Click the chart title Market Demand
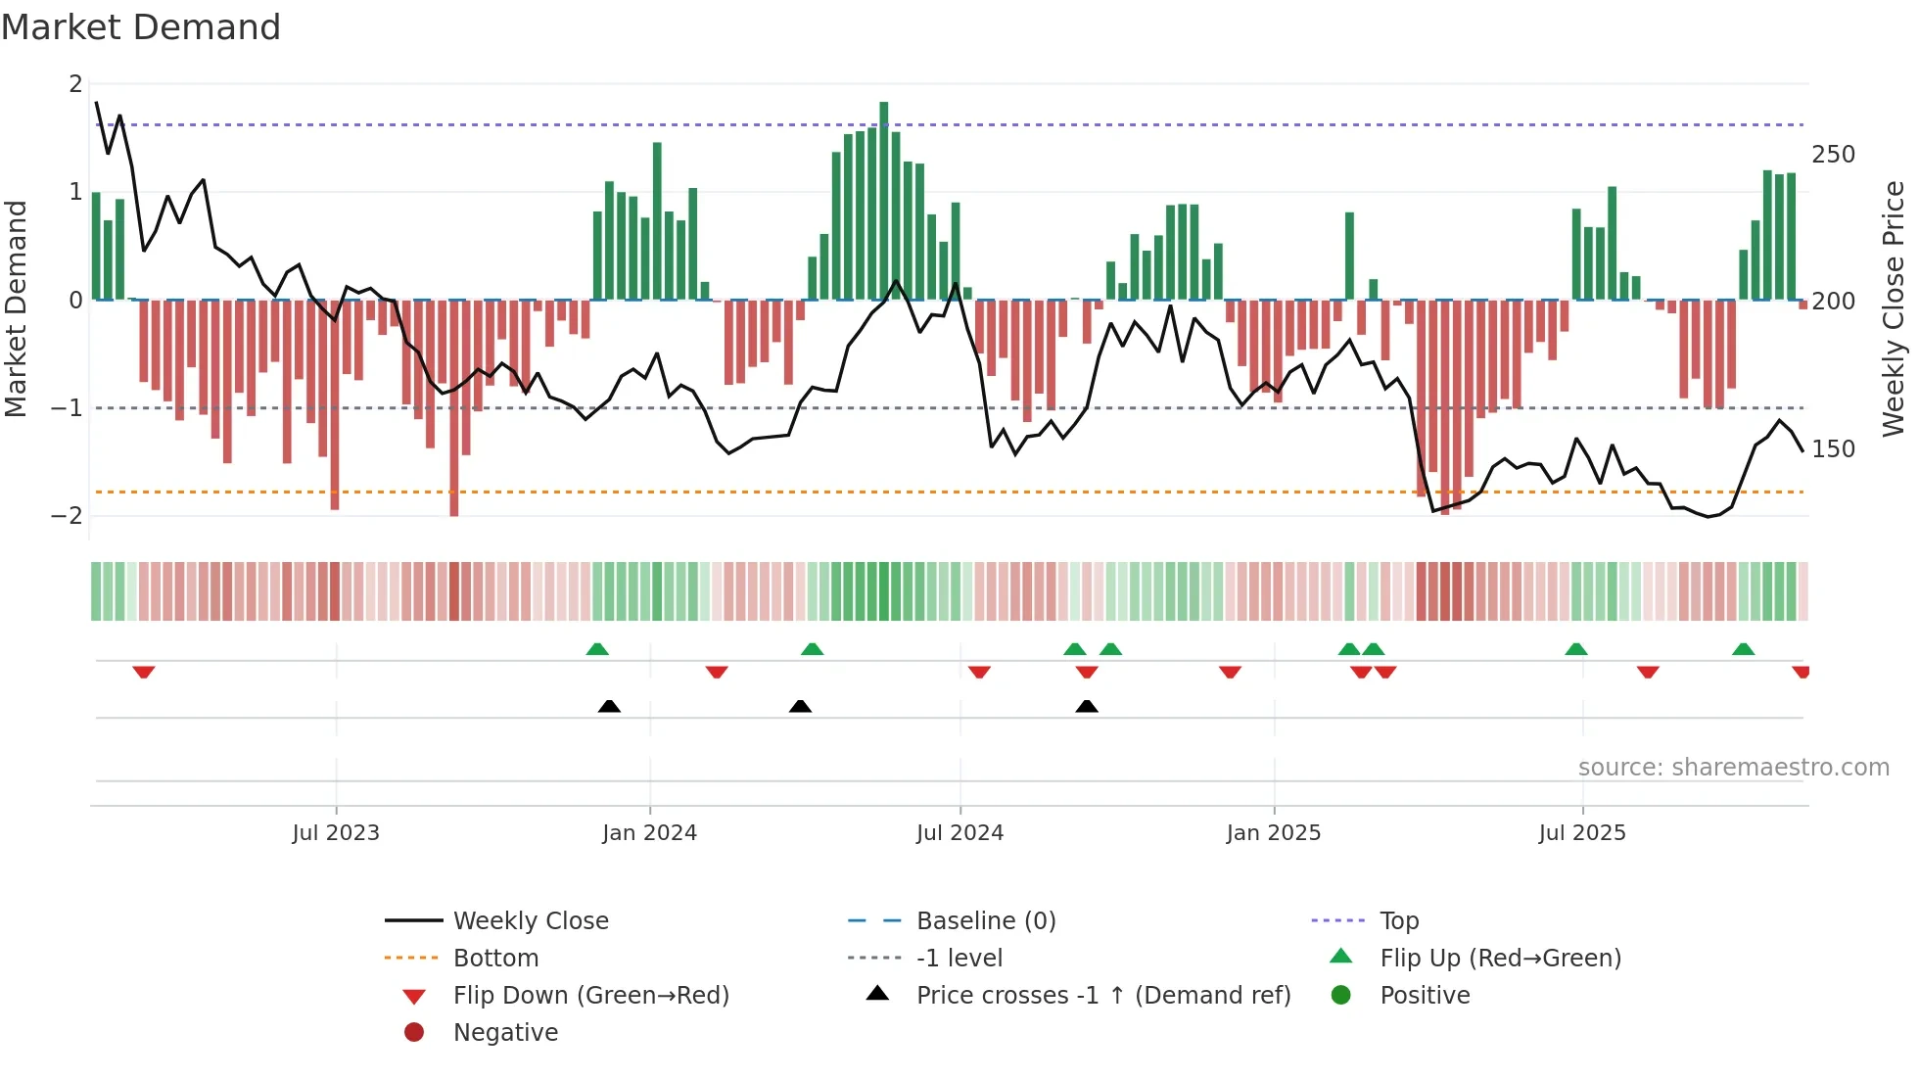(x=141, y=27)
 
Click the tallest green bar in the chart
(x=883, y=201)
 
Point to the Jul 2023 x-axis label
(x=336, y=832)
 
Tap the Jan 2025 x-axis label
(x=1273, y=832)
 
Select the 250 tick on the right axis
(x=1833, y=155)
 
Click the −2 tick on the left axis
(x=68, y=516)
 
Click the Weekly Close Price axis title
(x=1894, y=308)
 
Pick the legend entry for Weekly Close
(x=530, y=920)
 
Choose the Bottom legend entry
(x=495, y=958)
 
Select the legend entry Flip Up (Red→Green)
(x=1500, y=958)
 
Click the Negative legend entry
(x=505, y=1032)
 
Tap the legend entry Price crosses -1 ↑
(x=1102, y=995)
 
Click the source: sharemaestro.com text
(x=1733, y=767)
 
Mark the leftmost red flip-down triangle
(x=144, y=672)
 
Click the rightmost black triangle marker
(x=1086, y=706)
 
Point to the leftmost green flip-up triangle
(x=597, y=648)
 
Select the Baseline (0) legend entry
(x=985, y=920)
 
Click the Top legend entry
(x=1398, y=920)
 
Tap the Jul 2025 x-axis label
(x=1581, y=832)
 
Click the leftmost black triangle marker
(x=609, y=706)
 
